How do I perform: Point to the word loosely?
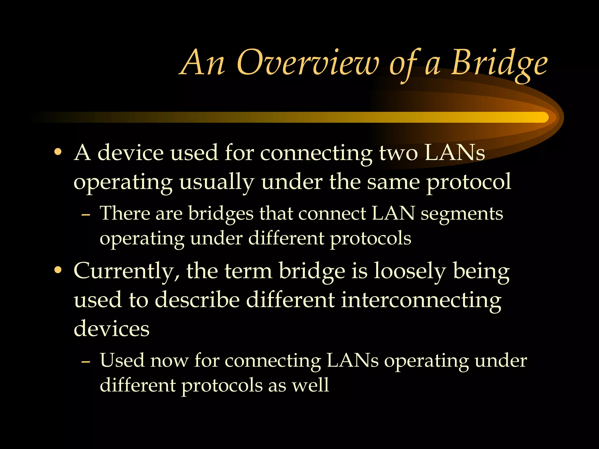pos(410,272)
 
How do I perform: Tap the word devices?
pos(111,328)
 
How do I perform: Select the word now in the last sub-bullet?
pos(169,360)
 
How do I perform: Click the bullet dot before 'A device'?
pos(58,152)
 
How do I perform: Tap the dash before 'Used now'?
pos(85,362)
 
